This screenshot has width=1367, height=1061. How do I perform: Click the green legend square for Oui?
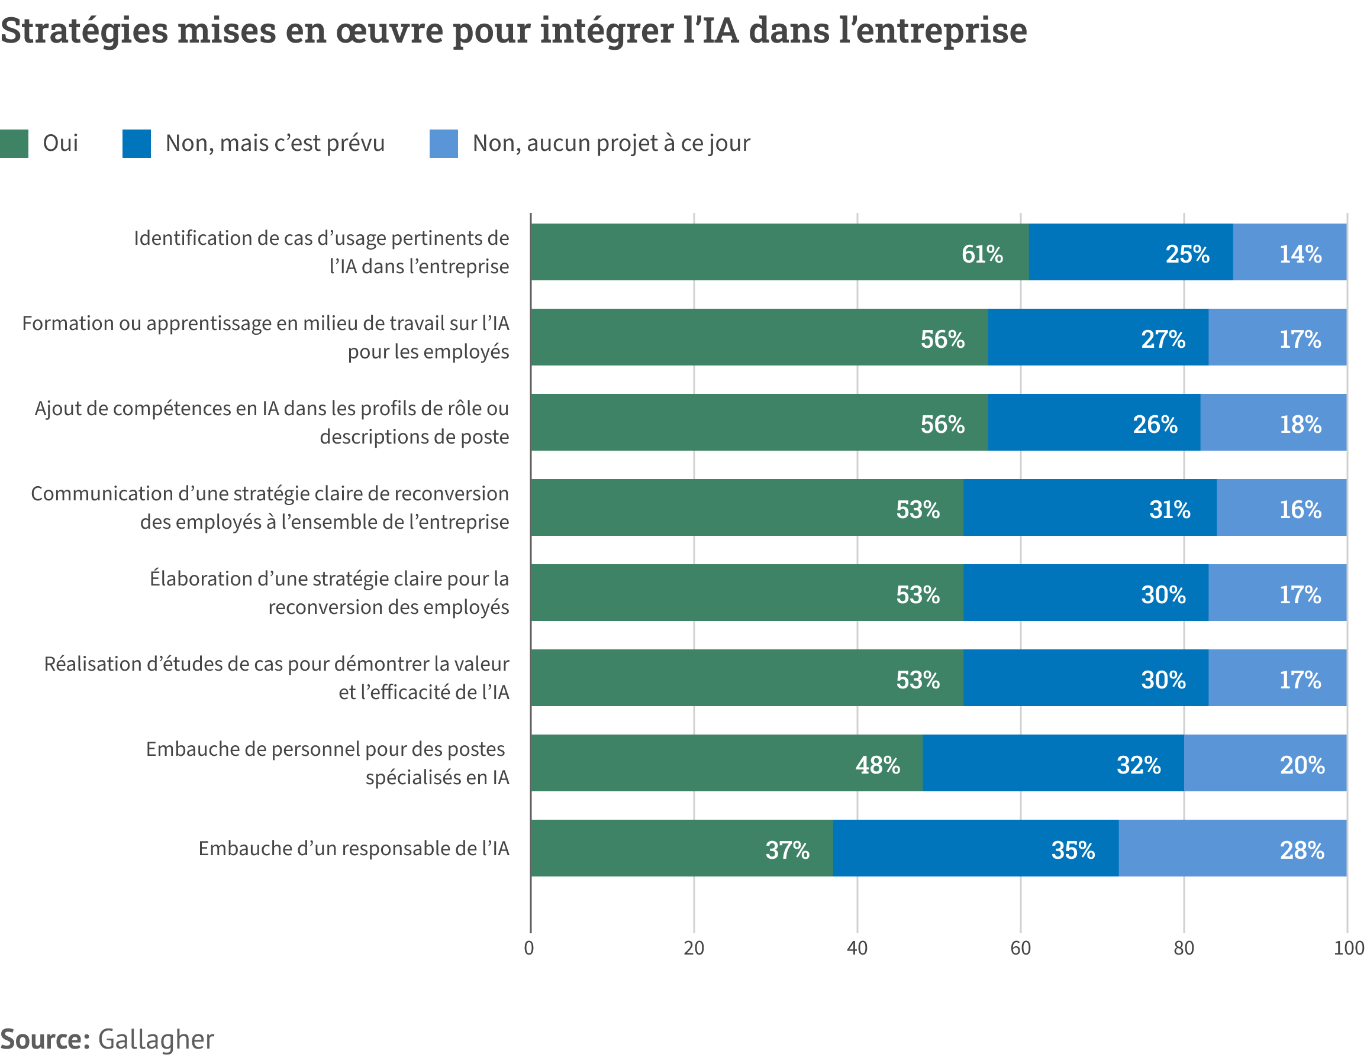tap(14, 143)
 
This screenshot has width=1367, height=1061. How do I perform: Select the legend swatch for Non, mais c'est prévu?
tap(137, 143)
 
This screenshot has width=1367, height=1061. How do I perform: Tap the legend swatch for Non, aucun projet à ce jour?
tap(443, 143)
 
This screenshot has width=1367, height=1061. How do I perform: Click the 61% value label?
tap(981, 254)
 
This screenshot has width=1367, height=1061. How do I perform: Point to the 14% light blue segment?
tap(1289, 252)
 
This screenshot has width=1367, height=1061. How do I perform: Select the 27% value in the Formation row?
tap(1162, 339)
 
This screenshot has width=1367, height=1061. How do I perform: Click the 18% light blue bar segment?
tap(1273, 422)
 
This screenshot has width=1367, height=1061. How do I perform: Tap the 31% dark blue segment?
tap(1089, 507)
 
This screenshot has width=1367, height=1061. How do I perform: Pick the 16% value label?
tap(1300, 510)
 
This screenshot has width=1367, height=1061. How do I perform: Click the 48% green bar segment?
tap(726, 762)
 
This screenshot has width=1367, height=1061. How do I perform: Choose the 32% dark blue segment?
tap(1053, 762)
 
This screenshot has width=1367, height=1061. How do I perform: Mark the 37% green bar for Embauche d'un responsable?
tap(681, 847)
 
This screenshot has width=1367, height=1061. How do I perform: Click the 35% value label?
tap(1073, 850)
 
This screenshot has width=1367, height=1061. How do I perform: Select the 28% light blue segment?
tap(1232, 847)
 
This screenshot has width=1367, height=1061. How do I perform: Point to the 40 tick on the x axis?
tap(857, 949)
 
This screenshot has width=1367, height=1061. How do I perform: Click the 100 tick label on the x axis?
tap(1348, 949)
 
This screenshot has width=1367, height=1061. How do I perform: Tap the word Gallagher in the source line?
tap(156, 1039)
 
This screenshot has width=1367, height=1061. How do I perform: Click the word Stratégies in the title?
tap(85, 30)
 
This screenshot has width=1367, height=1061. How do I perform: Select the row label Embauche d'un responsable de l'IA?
tap(354, 848)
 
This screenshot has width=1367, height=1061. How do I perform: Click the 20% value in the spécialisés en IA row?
tap(1302, 765)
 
